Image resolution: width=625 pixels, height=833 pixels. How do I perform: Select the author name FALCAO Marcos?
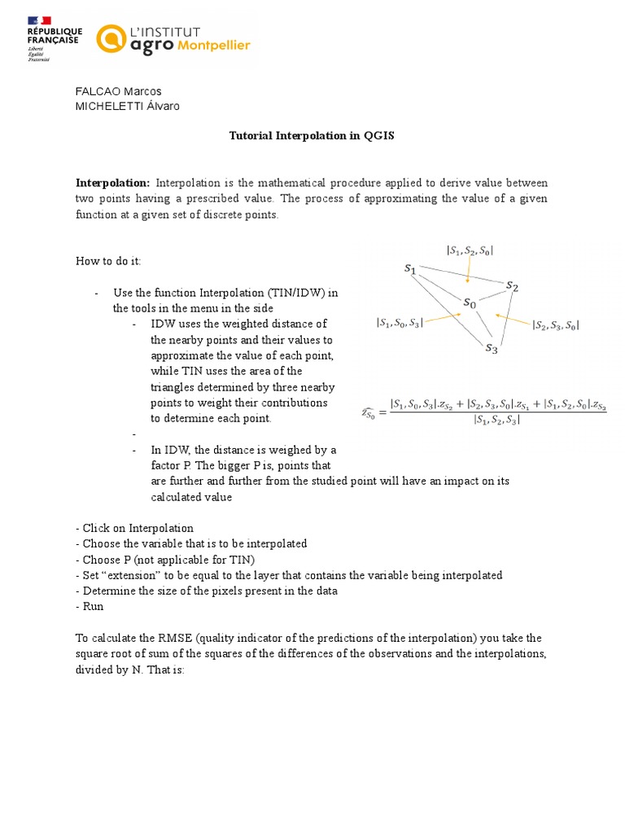click(118, 91)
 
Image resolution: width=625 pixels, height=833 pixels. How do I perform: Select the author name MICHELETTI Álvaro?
click(128, 106)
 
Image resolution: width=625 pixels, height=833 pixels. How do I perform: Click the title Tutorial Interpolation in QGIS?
click(312, 136)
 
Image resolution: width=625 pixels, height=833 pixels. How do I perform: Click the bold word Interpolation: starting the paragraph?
click(112, 183)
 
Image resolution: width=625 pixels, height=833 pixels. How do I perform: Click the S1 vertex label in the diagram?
click(410, 268)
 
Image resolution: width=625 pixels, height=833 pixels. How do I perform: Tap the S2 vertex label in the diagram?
click(511, 286)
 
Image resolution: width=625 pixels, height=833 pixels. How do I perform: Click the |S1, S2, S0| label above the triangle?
click(470, 251)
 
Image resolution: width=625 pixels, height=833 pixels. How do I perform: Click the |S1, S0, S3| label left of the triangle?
click(399, 323)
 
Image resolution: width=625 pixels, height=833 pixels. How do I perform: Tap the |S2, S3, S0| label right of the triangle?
click(555, 325)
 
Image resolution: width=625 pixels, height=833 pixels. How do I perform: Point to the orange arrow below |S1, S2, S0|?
click(468, 269)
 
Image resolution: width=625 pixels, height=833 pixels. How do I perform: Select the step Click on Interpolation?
click(134, 529)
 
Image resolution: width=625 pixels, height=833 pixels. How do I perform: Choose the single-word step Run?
click(90, 607)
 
